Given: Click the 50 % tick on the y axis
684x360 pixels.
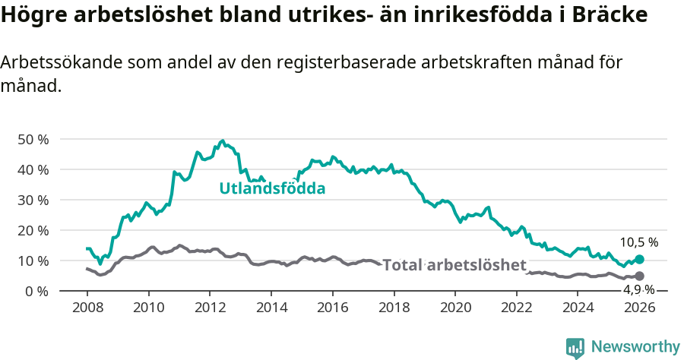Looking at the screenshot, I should click(x=32, y=139).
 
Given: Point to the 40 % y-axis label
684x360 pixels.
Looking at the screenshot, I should click(x=32, y=169).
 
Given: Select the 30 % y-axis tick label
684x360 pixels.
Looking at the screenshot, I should click(x=32, y=200).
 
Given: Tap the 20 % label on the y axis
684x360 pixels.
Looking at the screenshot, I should click(x=32, y=230).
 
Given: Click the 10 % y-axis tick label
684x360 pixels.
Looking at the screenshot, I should click(x=32, y=261).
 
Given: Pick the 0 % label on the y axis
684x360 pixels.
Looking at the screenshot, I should click(x=36, y=291).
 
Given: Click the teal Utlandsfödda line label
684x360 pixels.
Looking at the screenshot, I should click(x=272, y=188).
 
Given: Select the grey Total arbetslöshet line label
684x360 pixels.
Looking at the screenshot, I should click(x=454, y=265).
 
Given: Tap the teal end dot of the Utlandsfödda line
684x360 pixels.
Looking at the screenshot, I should click(x=639, y=259).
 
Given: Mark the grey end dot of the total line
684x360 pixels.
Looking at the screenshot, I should click(x=639, y=276).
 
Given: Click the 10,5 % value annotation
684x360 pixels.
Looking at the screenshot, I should click(x=638, y=242).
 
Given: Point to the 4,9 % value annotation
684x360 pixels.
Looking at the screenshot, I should click(x=638, y=289).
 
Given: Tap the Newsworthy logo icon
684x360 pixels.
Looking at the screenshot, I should click(x=575, y=347).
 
